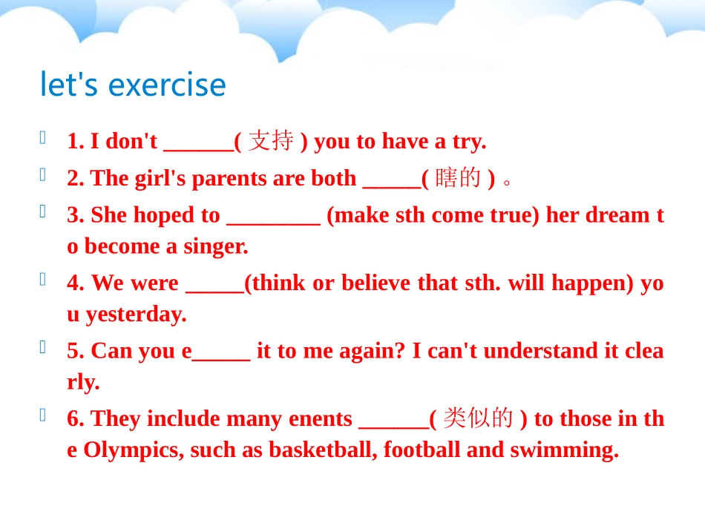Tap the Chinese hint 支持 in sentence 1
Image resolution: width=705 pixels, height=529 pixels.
(x=271, y=141)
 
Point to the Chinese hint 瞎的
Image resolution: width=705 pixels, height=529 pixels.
(x=458, y=178)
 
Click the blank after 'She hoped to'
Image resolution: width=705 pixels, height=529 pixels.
(x=272, y=221)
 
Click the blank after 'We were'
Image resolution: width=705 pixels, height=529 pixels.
(x=214, y=289)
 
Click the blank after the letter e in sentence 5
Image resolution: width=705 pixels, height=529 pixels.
(x=221, y=357)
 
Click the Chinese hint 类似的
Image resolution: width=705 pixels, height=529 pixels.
(x=478, y=419)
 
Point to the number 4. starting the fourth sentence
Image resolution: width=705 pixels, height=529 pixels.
(x=76, y=283)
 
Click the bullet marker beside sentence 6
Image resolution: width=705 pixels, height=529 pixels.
(x=43, y=415)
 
